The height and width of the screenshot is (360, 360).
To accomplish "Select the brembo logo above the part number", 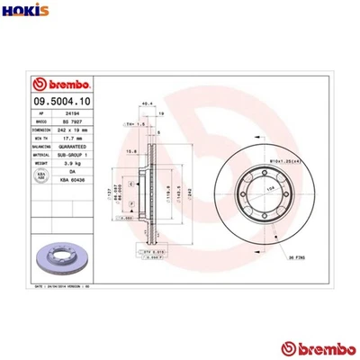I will (x=58, y=83).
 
